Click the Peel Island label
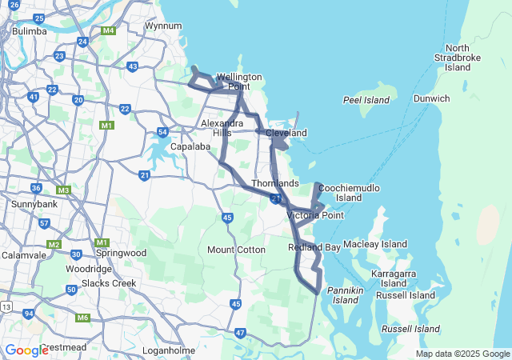366,100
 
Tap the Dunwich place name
431,98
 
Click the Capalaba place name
190,146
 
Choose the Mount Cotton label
236,250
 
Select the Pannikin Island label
346,294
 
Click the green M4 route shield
110,31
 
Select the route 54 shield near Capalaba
163,132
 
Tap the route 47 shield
241,332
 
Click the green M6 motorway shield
83,318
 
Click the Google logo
26,350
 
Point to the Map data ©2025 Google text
462,354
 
